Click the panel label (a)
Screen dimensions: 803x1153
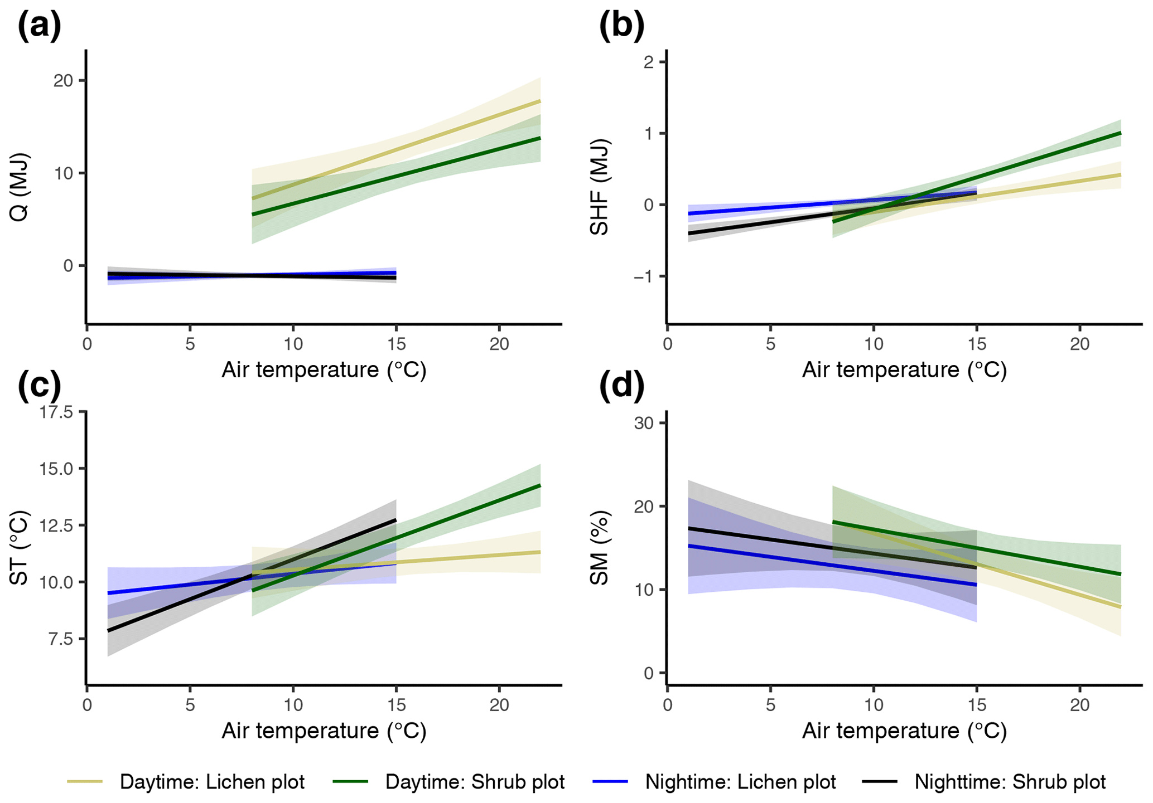tap(40, 26)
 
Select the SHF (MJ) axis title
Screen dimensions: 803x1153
tap(600, 187)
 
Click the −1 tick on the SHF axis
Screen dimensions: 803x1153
tap(643, 277)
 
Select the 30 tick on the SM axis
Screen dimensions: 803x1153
tap(644, 423)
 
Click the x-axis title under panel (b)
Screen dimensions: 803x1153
tap(904, 371)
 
